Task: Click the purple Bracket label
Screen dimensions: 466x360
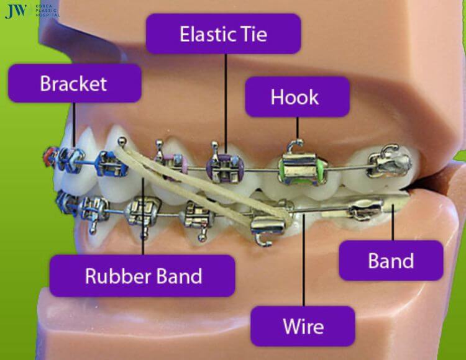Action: click(x=75, y=83)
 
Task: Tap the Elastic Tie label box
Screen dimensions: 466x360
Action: click(x=223, y=34)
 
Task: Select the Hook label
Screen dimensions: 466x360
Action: click(x=297, y=97)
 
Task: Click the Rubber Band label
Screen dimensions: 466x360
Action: click(x=142, y=276)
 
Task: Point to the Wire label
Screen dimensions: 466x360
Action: click(x=303, y=326)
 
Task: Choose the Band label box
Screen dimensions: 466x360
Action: click(x=391, y=261)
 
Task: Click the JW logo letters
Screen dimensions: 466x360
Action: click(x=16, y=11)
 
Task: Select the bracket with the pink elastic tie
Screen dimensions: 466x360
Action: click(x=172, y=164)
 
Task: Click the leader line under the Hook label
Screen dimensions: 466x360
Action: click(x=297, y=128)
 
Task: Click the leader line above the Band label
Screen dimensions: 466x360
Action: click(x=393, y=222)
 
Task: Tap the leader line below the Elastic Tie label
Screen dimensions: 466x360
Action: click(x=226, y=104)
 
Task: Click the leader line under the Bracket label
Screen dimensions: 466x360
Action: click(x=74, y=125)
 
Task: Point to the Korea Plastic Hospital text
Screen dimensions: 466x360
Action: click(x=47, y=11)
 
